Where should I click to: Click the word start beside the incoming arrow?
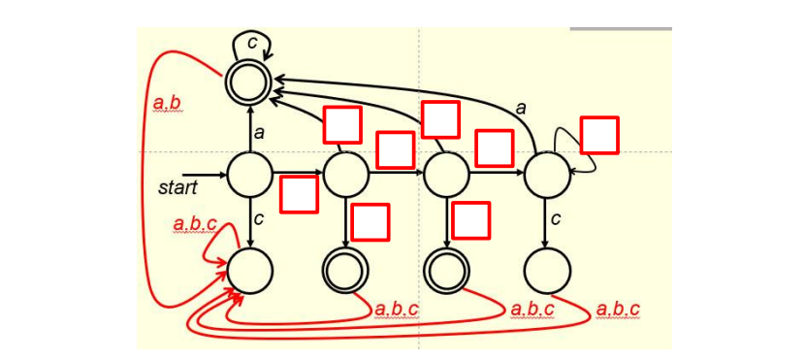coord(177,187)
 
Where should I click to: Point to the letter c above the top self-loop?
coord(252,42)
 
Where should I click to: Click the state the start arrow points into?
coord(249,175)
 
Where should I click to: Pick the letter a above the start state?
coord(259,132)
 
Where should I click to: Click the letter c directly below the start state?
coord(259,219)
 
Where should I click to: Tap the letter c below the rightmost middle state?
coord(556,219)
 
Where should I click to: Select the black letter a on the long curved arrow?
coord(521,108)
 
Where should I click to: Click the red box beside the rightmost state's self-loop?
coord(599,135)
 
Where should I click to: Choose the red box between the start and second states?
coord(299,194)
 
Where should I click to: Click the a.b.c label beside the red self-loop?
coord(195,224)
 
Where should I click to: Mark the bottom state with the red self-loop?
coord(249,270)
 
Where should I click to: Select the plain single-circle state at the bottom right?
coord(547,270)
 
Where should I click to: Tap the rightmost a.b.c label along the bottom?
coord(618,310)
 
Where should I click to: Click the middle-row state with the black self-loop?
coord(547,175)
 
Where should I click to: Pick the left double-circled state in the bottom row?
coord(346,270)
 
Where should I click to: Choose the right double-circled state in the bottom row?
coord(446,270)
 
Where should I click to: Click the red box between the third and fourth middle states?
coord(494,147)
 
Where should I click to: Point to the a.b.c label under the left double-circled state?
coord(396,310)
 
